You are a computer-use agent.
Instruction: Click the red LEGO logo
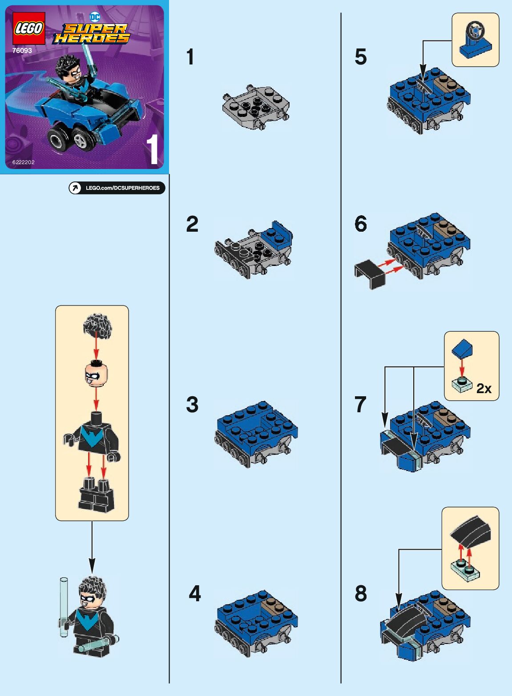click(29, 29)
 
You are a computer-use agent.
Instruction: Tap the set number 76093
click(22, 51)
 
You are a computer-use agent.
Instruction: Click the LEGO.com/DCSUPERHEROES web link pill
click(117, 188)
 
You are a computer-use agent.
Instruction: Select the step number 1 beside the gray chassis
click(190, 57)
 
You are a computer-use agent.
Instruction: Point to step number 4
click(194, 593)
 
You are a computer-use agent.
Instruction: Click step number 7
click(360, 404)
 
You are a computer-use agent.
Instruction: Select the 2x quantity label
click(484, 388)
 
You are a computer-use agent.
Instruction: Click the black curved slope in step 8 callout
click(471, 531)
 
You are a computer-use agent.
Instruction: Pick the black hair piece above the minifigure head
click(97, 325)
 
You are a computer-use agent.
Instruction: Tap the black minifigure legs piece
click(97, 495)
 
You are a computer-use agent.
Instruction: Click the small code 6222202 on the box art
click(24, 162)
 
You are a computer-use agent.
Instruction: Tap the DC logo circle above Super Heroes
click(95, 17)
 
